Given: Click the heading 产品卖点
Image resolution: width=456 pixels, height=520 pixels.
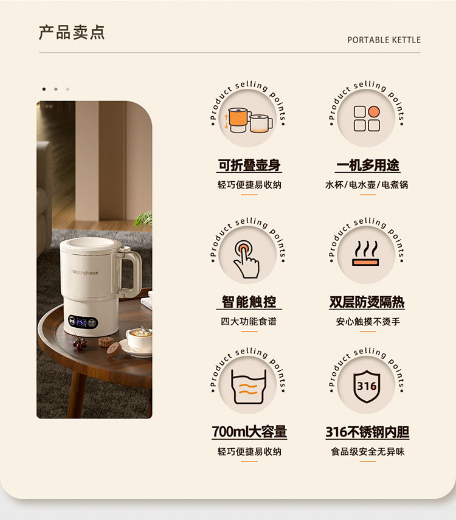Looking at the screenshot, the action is pyautogui.click(x=72, y=32).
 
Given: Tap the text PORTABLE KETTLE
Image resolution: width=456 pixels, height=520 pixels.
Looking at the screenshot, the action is pyautogui.click(x=384, y=40).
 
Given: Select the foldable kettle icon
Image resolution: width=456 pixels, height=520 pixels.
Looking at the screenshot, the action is pyautogui.click(x=249, y=120).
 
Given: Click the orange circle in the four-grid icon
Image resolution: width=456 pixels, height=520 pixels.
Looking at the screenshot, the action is pyautogui.click(x=374, y=112).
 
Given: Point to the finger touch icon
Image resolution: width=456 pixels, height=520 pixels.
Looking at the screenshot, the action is pyautogui.click(x=246, y=259).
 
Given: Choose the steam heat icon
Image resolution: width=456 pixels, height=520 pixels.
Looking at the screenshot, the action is pyautogui.click(x=366, y=253).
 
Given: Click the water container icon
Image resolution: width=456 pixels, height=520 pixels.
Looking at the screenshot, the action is pyautogui.click(x=249, y=386).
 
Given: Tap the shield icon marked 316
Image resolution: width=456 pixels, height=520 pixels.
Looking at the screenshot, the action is pyautogui.click(x=367, y=386).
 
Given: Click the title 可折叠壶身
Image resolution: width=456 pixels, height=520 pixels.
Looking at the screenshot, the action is pyautogui.click(x=249, y=165).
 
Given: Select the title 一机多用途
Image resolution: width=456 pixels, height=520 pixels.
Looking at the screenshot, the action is pyautogui.click(x=368, y=165).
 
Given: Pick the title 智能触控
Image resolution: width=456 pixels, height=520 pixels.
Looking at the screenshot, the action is pyautogui.click(x=249, y=302).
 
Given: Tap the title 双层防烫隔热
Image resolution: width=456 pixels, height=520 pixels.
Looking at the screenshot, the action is pyautogui.click(x=367, y=302).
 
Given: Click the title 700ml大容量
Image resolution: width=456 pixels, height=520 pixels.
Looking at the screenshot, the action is pyautogui.click(x=249, y=432).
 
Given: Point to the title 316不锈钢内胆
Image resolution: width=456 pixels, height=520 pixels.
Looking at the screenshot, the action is pyautogui.click(x=367, y=432).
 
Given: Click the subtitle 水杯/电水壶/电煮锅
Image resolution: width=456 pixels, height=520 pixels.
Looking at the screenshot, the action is pyautogui.click(x=367, y=185).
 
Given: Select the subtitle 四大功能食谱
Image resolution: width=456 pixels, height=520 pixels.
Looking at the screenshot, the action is pyautogui.click(x=249, y=321).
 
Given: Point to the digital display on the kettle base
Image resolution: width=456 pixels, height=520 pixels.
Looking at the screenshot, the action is pyautogui.click(x=83, y=322).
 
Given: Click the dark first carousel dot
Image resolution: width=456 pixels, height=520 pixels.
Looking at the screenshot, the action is pyautogui.click(x=44, y=89).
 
